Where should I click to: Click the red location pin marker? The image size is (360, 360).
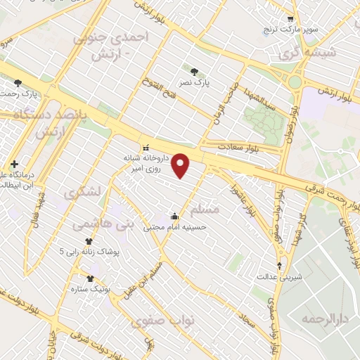click(181, 165)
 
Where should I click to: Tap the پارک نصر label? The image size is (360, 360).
click(194, 83)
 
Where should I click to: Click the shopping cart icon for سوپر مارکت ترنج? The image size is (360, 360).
click(290, 19)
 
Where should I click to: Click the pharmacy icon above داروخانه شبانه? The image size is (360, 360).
click(146, 148)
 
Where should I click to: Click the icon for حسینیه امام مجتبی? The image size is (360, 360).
click(174, 216)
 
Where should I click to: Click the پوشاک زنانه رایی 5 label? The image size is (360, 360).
click(89, 250)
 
